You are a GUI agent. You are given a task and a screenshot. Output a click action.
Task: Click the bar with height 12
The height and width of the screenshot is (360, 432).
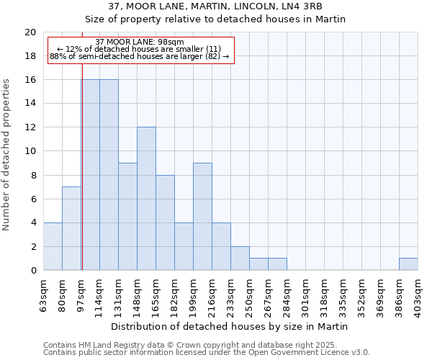[146, 199]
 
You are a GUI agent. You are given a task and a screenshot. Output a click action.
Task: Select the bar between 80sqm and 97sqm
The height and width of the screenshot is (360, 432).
[71, 228]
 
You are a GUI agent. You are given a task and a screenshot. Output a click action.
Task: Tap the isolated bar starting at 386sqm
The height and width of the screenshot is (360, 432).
[408, 264]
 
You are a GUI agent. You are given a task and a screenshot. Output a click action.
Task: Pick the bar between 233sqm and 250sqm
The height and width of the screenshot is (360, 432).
[240, 258]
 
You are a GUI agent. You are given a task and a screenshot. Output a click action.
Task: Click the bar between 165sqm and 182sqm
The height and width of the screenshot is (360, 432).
[165, 222]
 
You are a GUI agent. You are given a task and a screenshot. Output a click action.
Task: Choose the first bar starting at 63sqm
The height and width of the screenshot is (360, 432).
[53, 246]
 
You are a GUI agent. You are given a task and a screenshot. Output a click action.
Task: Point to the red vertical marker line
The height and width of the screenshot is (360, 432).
[82, 173]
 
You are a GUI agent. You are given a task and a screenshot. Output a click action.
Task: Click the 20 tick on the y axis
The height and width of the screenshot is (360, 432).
[30, 32]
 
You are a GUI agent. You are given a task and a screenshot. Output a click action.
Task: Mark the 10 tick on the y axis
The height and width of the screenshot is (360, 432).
[30, 151]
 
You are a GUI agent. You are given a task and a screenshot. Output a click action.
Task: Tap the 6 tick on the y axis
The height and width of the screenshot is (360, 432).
[33, 199]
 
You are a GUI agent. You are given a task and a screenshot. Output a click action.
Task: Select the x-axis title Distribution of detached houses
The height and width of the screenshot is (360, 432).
[230, 326]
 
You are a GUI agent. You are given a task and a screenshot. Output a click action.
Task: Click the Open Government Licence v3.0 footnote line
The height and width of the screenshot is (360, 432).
[207, 352]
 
